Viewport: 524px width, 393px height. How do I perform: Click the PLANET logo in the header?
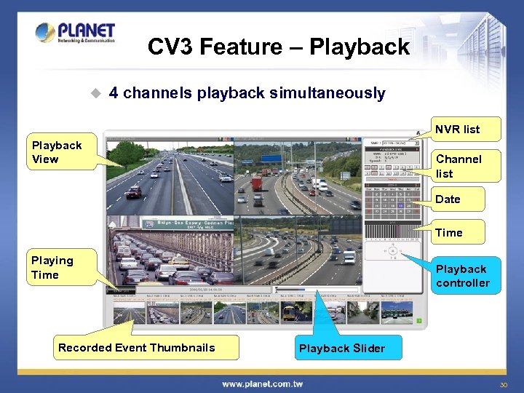click(x=75, y=33)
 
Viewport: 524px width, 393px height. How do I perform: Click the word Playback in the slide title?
click(x=360, y=47)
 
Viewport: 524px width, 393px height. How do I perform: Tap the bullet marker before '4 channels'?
click(x=94, y=93)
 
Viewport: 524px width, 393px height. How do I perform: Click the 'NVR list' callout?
click(x=457, y=130)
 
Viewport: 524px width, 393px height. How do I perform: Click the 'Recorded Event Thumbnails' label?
click(x=137, y=348)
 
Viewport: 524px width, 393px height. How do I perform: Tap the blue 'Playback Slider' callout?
click(x=341, y=348)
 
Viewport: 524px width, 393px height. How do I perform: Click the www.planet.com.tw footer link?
click(x=262, y=384)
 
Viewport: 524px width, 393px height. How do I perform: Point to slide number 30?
click(x=503, y=384)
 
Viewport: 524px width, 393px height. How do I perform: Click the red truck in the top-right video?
click(x=257, y=183)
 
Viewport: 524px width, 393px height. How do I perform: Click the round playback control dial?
click(x=393, y=251)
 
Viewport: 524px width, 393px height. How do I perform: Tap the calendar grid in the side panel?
click(x=392, y=204)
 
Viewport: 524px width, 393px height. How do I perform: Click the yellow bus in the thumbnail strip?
click(x=288, y=311)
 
